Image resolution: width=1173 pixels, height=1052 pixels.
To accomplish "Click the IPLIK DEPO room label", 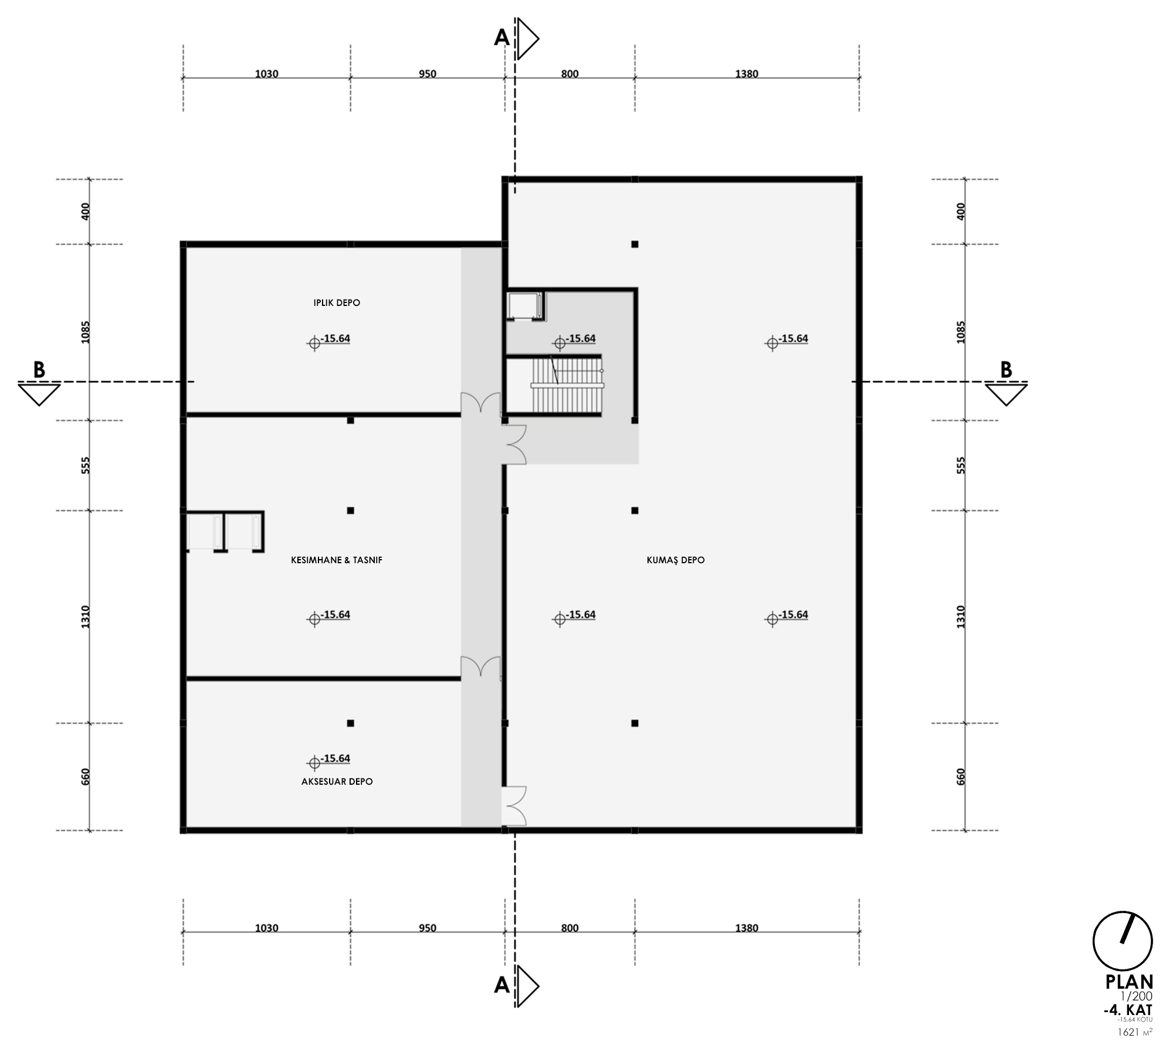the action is pos(337,303).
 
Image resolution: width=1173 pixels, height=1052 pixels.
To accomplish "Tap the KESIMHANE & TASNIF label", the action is pos(337,560).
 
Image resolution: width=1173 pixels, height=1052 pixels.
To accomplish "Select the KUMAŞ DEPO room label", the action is pos(676,560).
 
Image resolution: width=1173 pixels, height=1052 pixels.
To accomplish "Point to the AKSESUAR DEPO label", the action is pos(337,782).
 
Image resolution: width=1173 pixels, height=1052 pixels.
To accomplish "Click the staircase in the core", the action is pos(567,386).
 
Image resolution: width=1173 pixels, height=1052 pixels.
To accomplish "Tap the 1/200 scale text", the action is pos(1136,996).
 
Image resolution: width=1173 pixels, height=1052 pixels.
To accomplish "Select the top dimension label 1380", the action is pos(747,74).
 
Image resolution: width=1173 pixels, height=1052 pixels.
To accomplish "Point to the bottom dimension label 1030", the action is pos(267,928).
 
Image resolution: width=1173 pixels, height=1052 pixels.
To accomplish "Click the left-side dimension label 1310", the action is pos(86,617).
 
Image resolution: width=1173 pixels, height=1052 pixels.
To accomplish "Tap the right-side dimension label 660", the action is pos(961,777).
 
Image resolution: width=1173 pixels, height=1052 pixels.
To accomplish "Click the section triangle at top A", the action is pos(526,39).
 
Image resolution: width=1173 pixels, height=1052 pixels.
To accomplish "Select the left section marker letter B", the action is pos(39,370).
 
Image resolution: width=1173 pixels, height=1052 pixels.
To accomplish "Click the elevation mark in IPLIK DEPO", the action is pos(329,341).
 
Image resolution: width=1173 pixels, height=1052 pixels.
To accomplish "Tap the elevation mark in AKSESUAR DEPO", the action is pos(329,760).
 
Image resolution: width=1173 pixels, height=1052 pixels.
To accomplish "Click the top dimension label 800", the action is pos(570,74).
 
